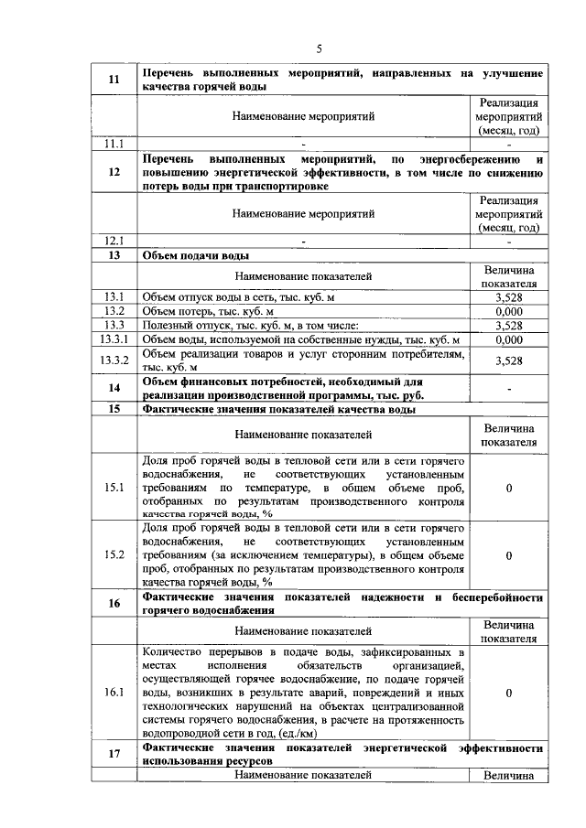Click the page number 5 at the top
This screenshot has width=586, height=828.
pos(319,48)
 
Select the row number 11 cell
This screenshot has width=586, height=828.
pos(114,80)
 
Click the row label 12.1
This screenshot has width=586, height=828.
pos(114,242)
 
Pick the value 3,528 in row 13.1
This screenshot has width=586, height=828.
pos(508,297)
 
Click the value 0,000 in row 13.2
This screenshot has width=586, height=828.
pos(508,311)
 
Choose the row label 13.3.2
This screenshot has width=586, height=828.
pos(115,360)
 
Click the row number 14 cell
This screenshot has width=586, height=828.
pos(114,388)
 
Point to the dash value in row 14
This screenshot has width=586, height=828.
pos(508,388)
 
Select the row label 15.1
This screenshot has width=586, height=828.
pos(114,488)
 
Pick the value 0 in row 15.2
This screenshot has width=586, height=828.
pos(508,554)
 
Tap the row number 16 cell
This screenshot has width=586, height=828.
pos(114,603)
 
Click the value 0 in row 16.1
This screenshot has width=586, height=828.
pos(508,693)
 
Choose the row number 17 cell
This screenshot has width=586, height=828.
pos(114,754)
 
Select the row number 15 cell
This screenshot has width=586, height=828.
pos(114,409)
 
